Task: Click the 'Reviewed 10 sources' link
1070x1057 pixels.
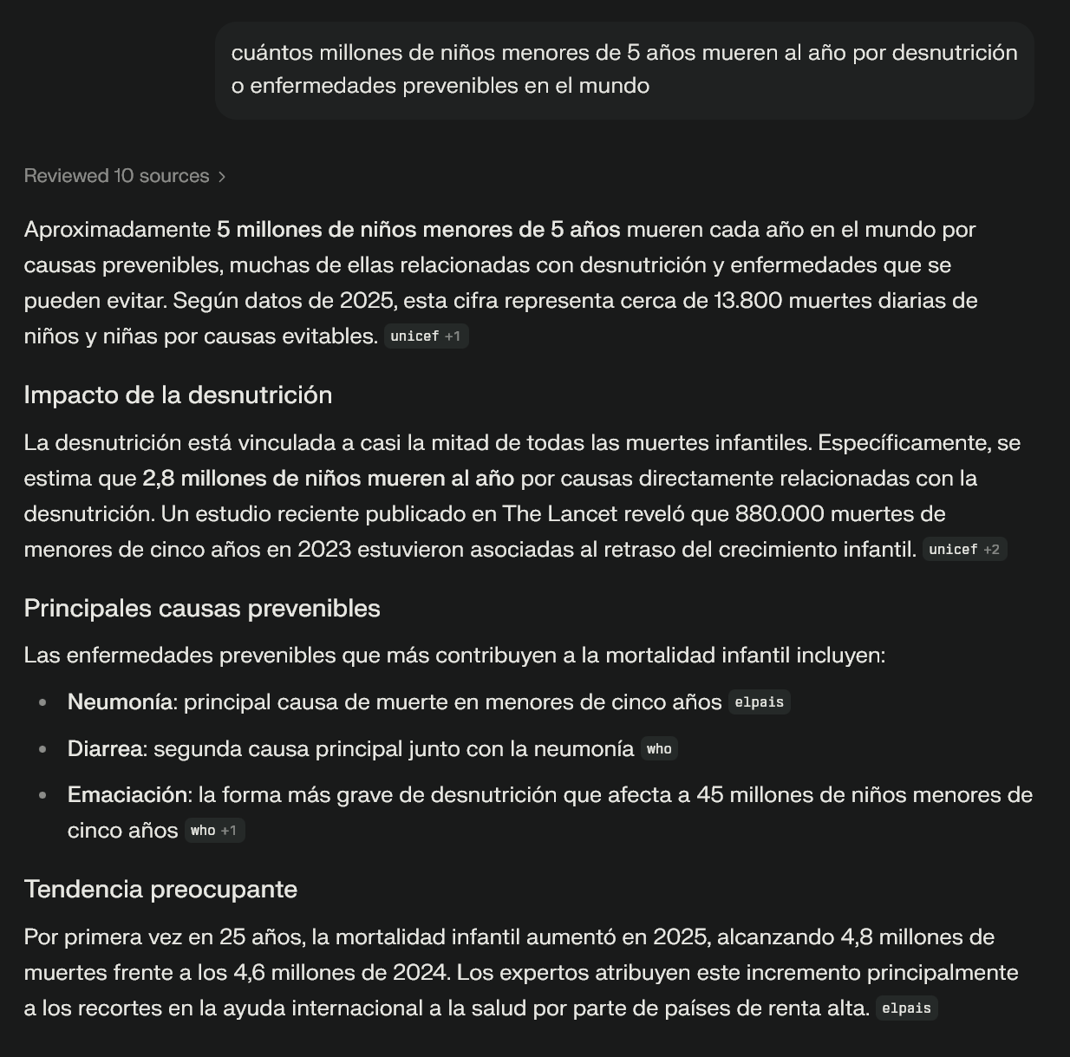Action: (x=116, y=176)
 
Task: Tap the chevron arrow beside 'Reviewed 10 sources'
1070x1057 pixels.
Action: (x=223, y=177)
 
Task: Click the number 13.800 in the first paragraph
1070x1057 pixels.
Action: (x=748, y=301)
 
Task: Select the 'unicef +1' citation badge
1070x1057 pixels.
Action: (x=425, y=336)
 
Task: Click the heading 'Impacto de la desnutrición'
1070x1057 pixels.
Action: (x=178, y=395)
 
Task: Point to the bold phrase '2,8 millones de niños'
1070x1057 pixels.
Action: (x=251, y=479)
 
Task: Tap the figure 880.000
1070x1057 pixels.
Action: (x=779, y=514)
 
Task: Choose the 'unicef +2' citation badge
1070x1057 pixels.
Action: (x=963, y=550)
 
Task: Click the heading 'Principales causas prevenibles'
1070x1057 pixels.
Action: (x=202, y=609)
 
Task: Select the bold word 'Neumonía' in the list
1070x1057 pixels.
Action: (x=120, y=702)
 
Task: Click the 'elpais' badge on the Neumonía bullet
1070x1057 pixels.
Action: (x=759, y=702)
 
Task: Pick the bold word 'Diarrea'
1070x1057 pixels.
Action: (x=104, y=749)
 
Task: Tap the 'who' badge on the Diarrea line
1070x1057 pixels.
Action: (x=659, y=749)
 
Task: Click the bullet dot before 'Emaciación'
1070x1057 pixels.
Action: (x=42, y=796)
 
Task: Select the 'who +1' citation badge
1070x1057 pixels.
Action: (x=213, y=831)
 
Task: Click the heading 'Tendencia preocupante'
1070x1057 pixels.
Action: (x=160, y=890)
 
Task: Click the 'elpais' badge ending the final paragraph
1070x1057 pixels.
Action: (x=906, y=1008)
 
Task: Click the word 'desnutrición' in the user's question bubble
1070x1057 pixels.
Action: (x=955, y=53)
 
